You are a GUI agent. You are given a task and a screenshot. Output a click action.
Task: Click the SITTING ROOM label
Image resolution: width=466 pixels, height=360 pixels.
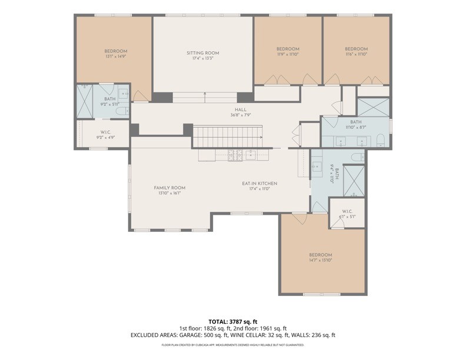tap(203, 53)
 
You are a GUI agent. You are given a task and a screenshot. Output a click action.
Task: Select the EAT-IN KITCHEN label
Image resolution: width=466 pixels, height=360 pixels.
tap(259, 184)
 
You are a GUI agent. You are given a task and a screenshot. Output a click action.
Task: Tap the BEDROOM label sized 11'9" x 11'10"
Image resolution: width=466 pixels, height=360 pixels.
tap(288, 49)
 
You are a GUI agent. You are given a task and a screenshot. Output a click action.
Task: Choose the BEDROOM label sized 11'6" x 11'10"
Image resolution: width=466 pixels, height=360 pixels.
tap(356, 49)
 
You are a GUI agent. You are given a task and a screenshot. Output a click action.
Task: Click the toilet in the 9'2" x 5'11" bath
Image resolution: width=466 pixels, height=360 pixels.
tap(122, 111)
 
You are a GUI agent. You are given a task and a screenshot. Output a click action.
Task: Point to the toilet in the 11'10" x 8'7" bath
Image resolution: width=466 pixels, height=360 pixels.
tap(380, 139)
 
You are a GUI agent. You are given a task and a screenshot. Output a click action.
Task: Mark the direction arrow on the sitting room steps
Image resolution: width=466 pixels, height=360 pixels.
tap(205, 94)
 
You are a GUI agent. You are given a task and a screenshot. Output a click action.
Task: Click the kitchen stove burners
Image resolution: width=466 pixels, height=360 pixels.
tap(235, 155)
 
